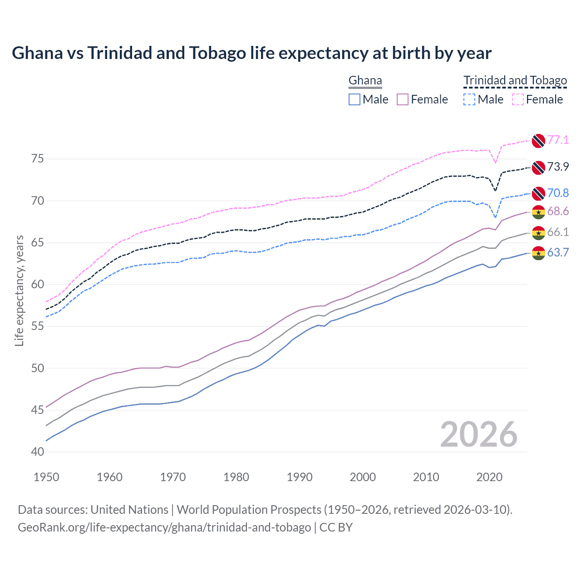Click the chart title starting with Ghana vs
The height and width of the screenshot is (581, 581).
[x=251, y=53]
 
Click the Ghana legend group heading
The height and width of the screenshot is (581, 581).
[x=365, y=81]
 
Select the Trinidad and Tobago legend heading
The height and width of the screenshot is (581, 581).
[x=515, y=81]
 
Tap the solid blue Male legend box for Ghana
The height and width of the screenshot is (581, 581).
[x=355, y=99]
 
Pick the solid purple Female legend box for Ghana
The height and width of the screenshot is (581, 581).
[x=403, y=99]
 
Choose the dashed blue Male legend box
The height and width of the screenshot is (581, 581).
[x=469, y=99]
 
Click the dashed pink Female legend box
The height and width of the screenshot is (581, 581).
[x=517, y=99]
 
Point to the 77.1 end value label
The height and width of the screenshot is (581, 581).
[x=558, y=140]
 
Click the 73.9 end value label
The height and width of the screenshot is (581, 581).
[x=558, y=167]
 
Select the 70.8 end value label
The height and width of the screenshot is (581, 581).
[x=558, y=193]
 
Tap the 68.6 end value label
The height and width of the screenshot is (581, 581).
[x=558, y=212]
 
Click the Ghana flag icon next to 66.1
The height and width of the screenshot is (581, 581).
[x=538, y=232]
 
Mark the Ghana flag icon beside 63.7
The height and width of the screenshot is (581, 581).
[x=538, y=253]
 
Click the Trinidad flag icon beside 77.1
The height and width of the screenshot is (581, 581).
[x=538, y=141]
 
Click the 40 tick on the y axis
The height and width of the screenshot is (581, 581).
[x=38, y=452]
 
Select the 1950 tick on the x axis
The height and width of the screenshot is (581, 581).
[x=46, y=477]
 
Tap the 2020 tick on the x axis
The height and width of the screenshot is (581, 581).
[x=489, y=477]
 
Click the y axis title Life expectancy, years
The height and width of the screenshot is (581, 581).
[x=20, y=290]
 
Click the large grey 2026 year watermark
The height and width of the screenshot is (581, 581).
[x=478, y=434]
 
